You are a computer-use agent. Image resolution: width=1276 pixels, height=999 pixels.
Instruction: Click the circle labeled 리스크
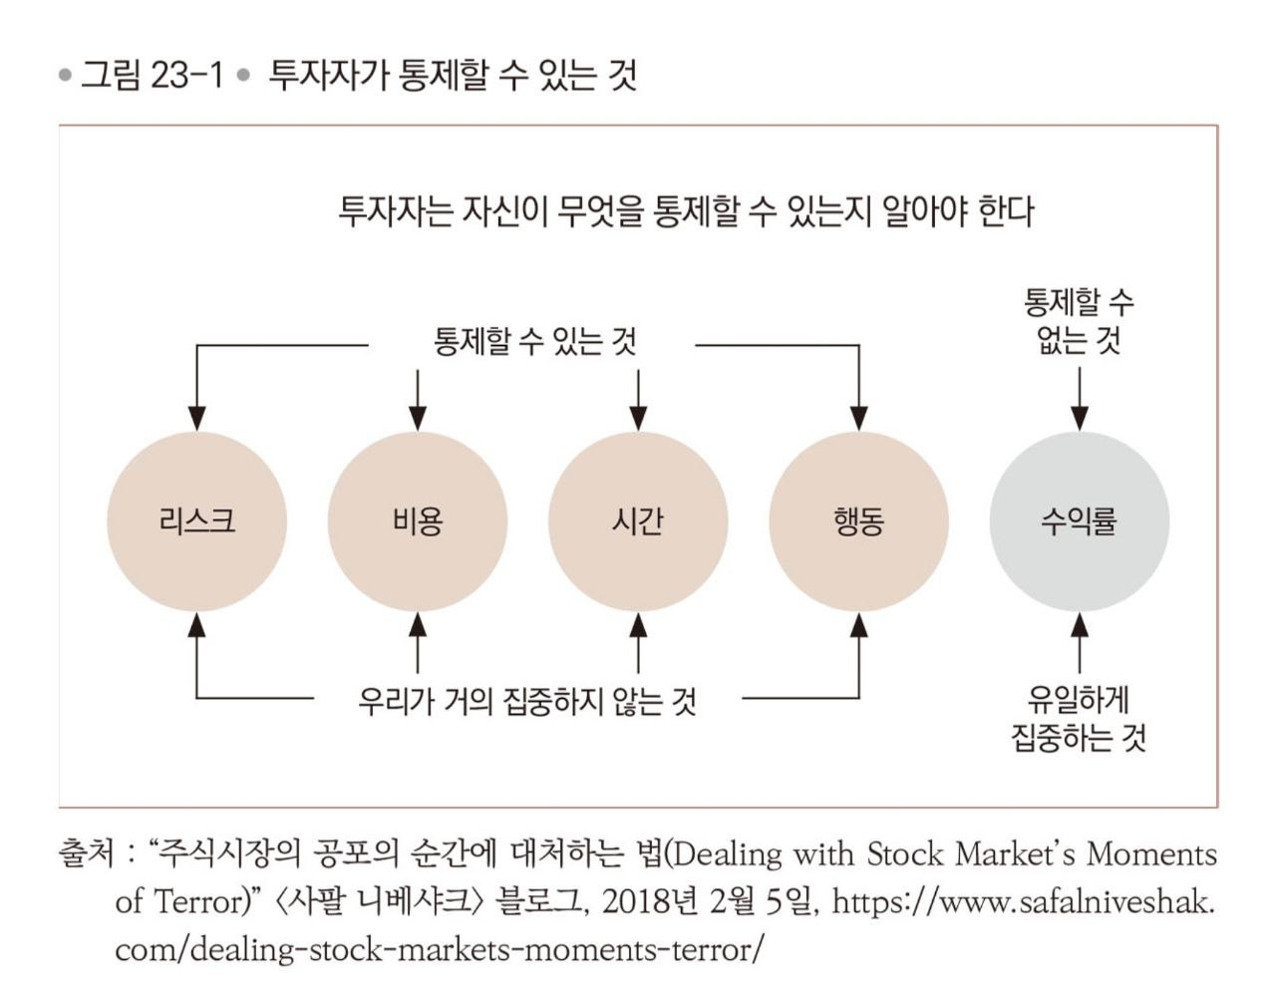click(x=196, y=521)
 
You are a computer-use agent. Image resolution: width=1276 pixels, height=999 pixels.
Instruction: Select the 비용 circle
click(x=418, y=521)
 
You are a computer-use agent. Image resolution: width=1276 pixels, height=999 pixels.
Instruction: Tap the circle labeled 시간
click(x=638, y=521)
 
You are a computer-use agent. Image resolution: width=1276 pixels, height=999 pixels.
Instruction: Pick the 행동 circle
click(x=858, y=521)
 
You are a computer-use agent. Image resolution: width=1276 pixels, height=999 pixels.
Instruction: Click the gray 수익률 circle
click(x=1079, y=521)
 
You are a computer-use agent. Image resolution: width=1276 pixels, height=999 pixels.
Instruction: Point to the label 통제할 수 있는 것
click(x=534, y=342)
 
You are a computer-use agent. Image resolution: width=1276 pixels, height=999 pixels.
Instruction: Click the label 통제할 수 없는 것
click(x=1079, y=322)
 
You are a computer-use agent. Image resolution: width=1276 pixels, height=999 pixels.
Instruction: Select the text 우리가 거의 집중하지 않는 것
click(x=527, y=701)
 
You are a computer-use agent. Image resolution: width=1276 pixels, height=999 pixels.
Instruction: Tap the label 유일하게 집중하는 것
click(x=1079, y=719)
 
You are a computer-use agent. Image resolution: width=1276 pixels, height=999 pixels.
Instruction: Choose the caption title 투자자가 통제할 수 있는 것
click(x=453, y=76)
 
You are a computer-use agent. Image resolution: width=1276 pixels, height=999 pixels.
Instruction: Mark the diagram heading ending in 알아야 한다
click(x=686, y=211)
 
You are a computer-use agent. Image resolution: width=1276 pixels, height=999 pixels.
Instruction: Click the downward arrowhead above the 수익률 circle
click(x=1079, y=419)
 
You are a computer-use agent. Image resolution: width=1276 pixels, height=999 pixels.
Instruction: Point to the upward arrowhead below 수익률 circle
click(x=1079, y=624)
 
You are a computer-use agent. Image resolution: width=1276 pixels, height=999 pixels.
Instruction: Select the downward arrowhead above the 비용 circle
click(x=418, y=419)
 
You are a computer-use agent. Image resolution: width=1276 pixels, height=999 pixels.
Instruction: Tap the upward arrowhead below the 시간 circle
click(x=638, y=624)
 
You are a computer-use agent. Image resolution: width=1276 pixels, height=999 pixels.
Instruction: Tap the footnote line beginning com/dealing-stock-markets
click(x=439, y=949)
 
